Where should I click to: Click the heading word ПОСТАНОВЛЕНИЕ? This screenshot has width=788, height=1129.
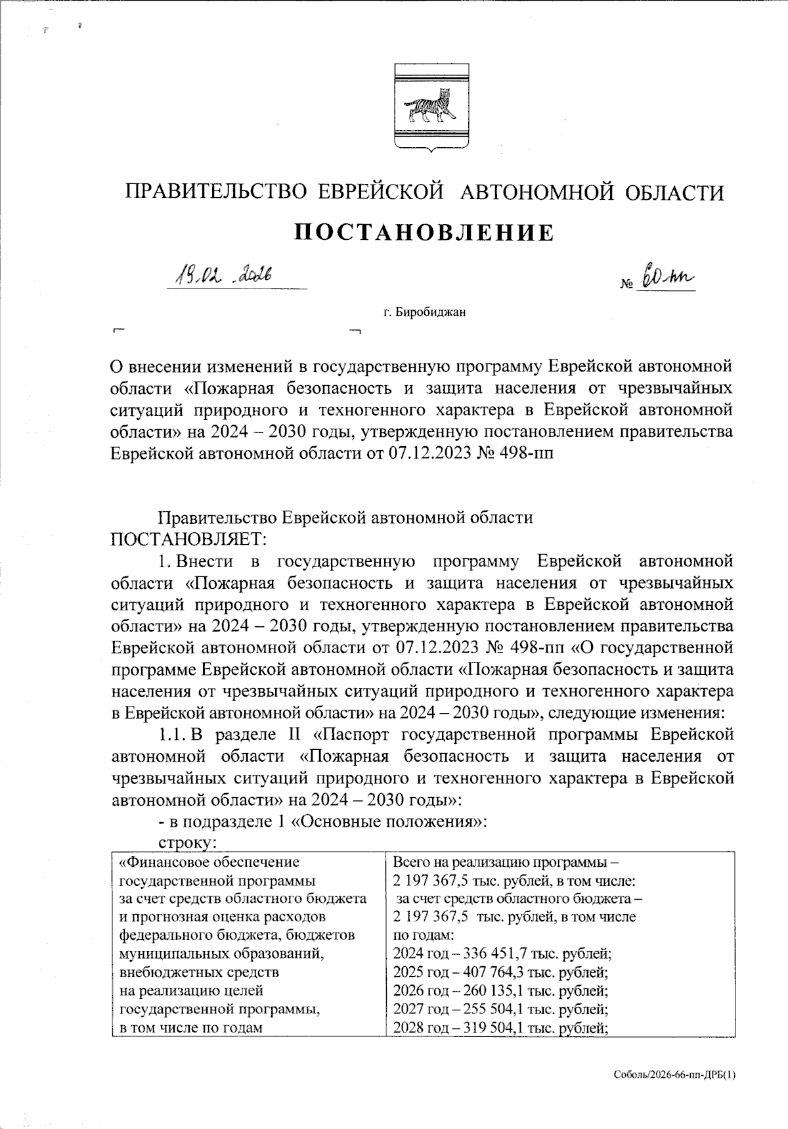(x=424, y=232)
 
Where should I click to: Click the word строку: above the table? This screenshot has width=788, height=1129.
(x=187, y=842)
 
